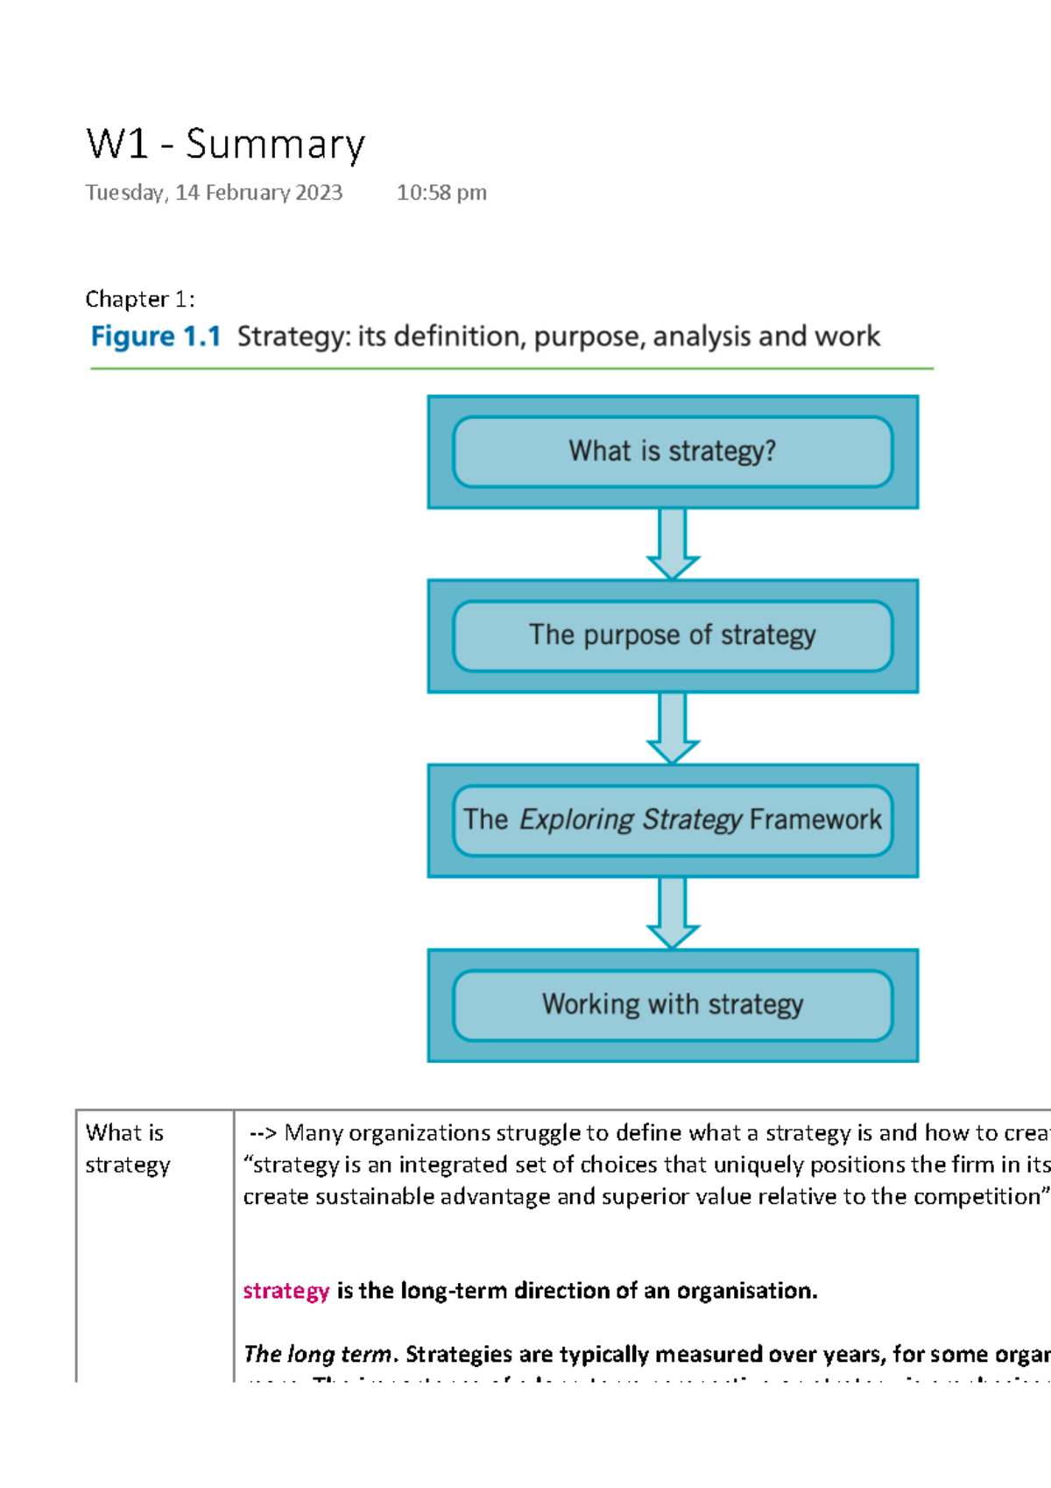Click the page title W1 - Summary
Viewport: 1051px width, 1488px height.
[225, 145]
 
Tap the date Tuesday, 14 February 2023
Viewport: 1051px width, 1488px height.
[214, 193]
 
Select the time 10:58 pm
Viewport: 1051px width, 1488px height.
[441, 193]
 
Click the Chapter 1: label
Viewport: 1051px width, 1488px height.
[139, 300]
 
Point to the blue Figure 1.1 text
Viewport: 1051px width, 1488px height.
[156, 337]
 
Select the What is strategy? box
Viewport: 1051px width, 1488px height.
[673, 451]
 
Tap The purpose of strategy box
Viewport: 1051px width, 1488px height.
[673, 635]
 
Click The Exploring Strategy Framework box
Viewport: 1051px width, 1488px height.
[673, 820]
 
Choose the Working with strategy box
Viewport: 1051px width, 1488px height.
[673, 1004]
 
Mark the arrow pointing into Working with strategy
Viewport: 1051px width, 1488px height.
[673, 912]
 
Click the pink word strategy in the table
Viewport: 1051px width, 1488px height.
[286, 1291]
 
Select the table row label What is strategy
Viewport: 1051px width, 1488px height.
[127, 1149]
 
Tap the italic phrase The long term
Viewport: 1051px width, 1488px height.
[318, 1355]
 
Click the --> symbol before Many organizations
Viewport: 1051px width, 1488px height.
[263, 1134]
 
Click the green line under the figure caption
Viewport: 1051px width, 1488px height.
[511, 369]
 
